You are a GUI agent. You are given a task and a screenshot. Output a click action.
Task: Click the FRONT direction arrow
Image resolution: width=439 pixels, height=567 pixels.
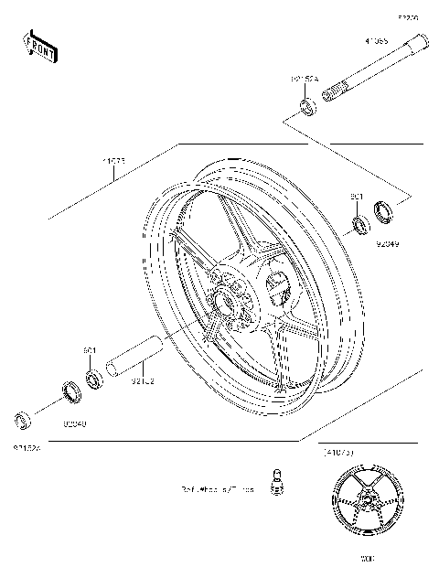coord(41,45)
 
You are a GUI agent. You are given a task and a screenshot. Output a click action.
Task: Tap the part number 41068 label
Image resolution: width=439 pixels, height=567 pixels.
coord(376,41)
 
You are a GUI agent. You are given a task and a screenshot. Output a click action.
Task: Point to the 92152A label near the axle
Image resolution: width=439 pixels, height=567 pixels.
coord(305,80)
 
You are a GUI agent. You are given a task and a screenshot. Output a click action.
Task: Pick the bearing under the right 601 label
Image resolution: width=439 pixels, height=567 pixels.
coord(359,222)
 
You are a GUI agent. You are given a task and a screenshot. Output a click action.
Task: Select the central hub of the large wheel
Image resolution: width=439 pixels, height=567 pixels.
coord(226,297)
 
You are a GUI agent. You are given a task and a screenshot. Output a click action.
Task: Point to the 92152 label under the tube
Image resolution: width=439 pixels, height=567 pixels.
coord(145,378)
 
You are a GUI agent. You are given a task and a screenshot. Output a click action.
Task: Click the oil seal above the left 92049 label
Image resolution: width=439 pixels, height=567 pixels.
coord(70,394)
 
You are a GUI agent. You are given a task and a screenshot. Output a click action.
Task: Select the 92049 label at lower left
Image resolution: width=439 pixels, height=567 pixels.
coord(74,423)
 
